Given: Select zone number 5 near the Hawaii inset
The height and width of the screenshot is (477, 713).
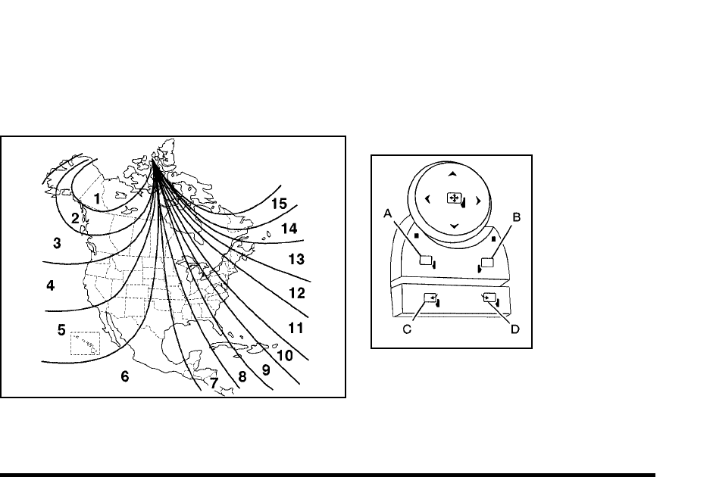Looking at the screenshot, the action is pyautogui.click(x=61, y=329).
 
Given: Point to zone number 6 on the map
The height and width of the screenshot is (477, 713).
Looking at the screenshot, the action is pyautogui.click(x=125, y=376).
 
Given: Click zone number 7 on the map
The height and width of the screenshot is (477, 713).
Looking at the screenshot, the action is pyautogui.click(x=214, y=384).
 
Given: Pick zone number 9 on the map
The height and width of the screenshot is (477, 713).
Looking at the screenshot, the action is pyautogui.click(x=266, y=370).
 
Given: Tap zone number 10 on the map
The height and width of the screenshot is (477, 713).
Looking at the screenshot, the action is pyautogui.click(x=284, y=354).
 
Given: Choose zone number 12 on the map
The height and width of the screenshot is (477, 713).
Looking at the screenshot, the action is pyautogui.click(x=296, y=292).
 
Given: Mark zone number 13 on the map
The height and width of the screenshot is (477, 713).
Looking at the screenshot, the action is pyautogui.click(x=296, y=260).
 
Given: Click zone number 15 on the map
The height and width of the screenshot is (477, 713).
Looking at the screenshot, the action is pyautogui.click(x=280, y=204).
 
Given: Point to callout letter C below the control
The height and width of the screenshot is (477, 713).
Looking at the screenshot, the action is pyautogui.click(x=408, y=331).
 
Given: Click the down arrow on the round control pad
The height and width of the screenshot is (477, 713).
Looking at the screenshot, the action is pyautogui.click(x=453, y=226).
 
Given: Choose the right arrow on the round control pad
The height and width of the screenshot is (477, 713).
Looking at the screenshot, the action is pyautogui.click(x=478, y=201).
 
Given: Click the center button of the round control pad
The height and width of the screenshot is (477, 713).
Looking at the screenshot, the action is pyautogui.click(x=455, y=198).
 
